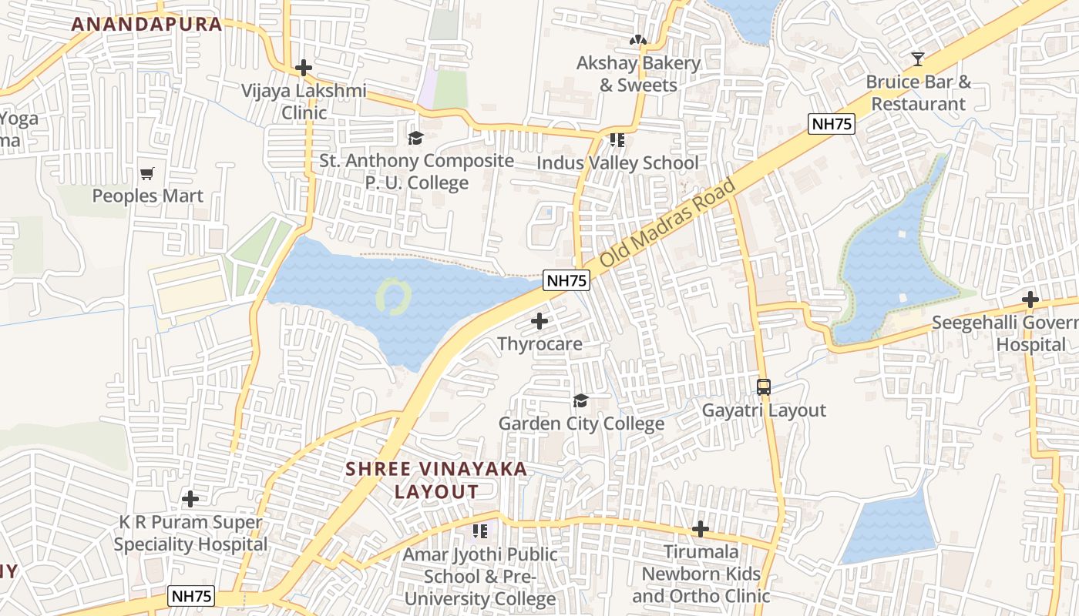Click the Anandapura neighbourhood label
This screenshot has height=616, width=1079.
146,24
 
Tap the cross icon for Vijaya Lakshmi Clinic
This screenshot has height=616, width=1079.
304,68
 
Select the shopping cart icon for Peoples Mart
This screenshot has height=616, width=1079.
147,173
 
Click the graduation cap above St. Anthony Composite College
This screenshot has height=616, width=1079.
416,138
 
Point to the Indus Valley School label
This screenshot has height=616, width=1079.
617,163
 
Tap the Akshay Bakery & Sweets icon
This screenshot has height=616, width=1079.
637,40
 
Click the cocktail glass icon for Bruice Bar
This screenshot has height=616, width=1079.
917,59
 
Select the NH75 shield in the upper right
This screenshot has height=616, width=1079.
832,124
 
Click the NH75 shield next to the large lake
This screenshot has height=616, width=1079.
566,281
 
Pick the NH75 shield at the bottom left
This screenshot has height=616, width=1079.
192,596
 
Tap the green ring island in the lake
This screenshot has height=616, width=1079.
394,296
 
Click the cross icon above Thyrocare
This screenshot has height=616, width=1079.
539,320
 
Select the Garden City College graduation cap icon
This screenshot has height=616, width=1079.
580,401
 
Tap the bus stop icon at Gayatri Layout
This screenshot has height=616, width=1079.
763,387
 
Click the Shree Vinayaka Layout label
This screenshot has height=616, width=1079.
436,480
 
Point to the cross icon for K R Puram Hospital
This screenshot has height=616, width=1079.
190,499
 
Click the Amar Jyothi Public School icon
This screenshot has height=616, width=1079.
479,531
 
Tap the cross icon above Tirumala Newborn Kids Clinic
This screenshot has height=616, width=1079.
700,529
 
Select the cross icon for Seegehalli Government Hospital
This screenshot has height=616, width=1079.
1030,300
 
